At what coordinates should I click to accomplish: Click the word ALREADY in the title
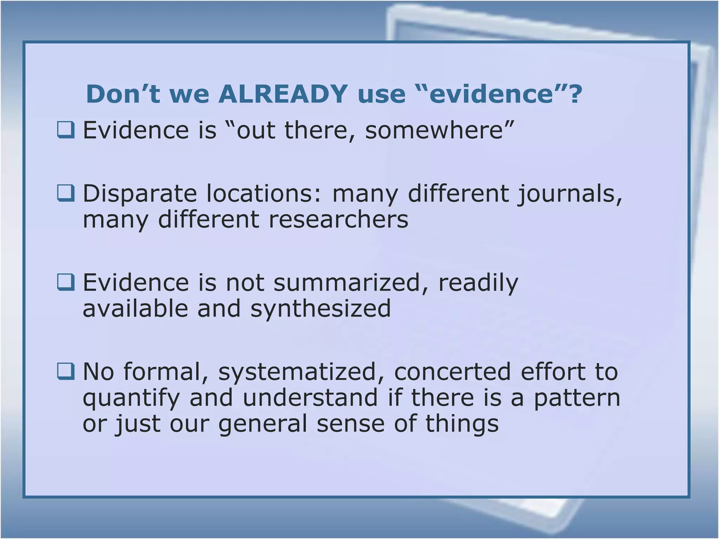point(283,94)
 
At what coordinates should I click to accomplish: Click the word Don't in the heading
point(123,94)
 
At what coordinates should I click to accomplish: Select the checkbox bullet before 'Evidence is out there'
point(66,130)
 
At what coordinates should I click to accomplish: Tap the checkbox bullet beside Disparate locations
point(66,193)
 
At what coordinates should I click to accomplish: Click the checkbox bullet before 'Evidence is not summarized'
point(66,282)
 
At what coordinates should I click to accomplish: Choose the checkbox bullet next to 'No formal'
point(66,372)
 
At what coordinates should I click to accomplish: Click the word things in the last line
point(462,424)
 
